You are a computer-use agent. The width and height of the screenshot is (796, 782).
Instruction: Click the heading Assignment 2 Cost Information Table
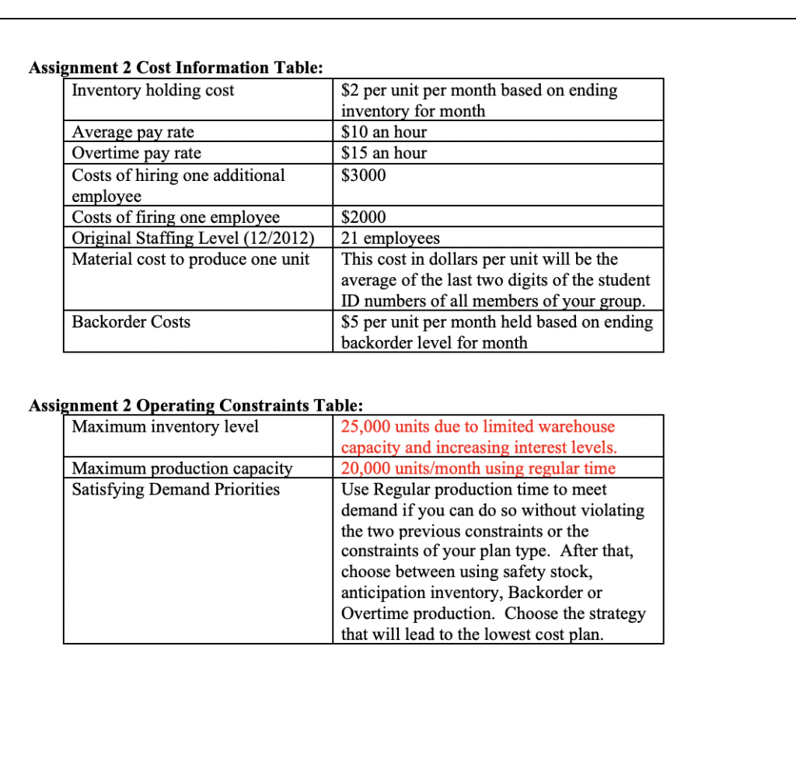(x=176, y=68)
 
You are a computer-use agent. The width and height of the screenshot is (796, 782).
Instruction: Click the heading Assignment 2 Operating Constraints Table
(x=195, y=405)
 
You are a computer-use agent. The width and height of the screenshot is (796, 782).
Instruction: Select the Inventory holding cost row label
(x=152, y=90)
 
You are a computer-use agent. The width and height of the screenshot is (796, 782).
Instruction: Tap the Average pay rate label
(x=133, y=132)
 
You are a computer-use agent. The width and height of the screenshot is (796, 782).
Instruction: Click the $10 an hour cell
(x=384, y=132)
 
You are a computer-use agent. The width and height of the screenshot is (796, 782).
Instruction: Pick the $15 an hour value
(x=384, y=153)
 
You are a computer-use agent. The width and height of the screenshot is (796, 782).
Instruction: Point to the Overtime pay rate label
(x=136, y=153)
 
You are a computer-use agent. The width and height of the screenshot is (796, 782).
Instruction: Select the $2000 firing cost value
(x=364, y=217)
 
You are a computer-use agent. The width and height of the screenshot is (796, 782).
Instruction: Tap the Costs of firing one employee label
(x=176, y=217)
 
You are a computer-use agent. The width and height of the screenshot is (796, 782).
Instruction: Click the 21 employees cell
(x=390, y=238)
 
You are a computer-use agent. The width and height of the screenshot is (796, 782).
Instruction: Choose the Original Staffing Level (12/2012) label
(x=193, y=238)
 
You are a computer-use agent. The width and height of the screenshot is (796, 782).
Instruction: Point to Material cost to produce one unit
(x=190, y=259)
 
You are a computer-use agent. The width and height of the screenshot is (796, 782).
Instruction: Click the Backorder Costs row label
(x=131, y=321)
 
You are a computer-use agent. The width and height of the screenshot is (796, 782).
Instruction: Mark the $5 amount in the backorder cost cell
(x=351, y=321)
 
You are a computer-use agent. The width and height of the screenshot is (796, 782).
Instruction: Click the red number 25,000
(x=366, y=426)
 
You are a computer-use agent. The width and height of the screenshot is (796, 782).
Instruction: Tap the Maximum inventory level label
(x=165, y=426)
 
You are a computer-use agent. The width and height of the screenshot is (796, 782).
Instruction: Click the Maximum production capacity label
(x=182, y=468)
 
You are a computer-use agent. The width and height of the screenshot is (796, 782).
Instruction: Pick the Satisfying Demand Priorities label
(x=176, y=489)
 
